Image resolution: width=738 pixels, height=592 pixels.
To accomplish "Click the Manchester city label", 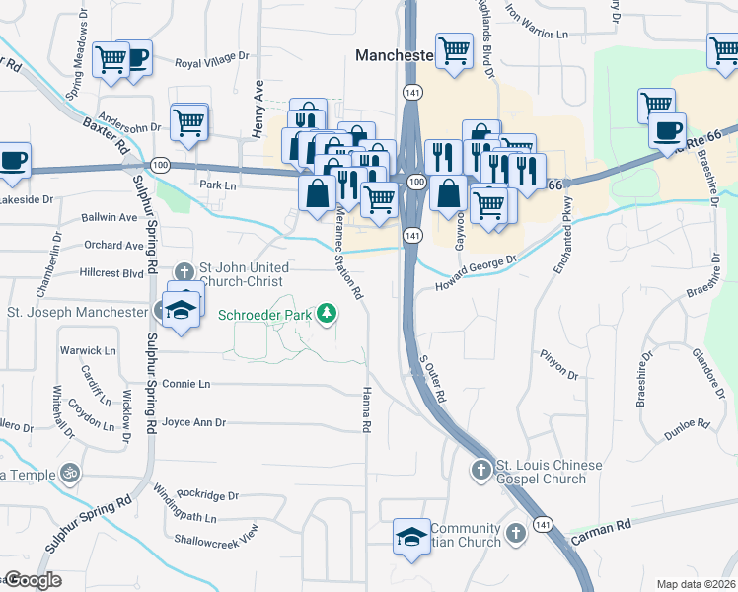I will [x=394, y=57].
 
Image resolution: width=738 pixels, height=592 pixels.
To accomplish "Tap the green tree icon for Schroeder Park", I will [x=327, y=315].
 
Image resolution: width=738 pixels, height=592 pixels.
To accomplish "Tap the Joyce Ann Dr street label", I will [x=193, y=422].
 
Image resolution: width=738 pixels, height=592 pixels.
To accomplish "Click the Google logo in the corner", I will [x=32, y=580].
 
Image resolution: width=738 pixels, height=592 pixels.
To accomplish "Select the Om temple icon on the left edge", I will [x=69, y=475].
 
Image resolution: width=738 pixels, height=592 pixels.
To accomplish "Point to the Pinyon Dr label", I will [x=558, y=364].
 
